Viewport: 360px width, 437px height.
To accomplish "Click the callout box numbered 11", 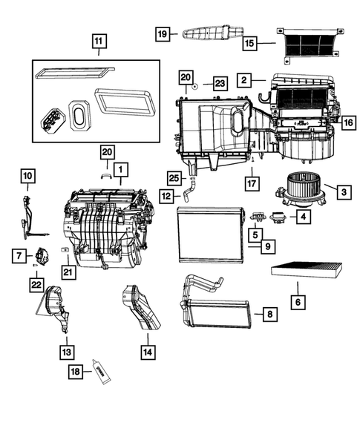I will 99,42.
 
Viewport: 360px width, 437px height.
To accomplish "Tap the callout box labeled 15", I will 251,44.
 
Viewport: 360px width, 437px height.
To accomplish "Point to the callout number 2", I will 243,79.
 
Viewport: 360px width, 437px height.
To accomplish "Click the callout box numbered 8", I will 269,315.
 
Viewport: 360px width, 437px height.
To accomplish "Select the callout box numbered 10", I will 27,176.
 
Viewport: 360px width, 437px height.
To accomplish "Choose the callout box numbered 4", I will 303,217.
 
